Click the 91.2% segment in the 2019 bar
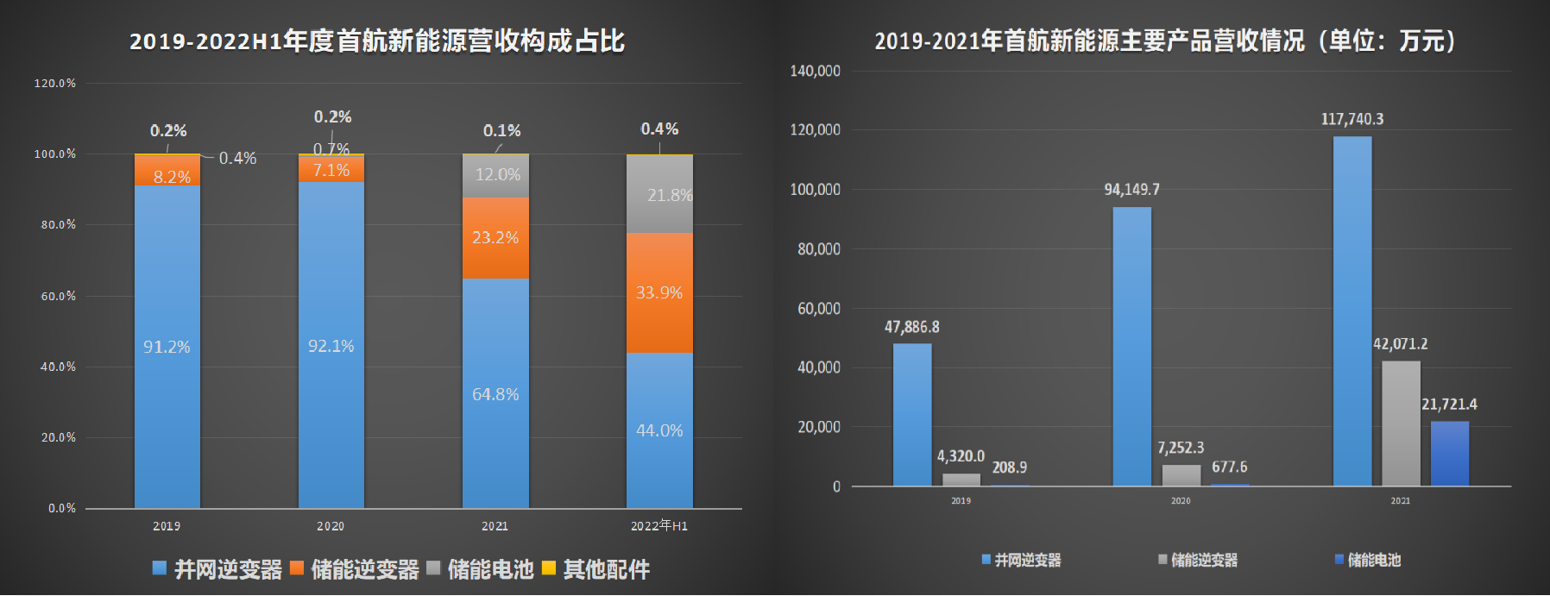coord(167,347)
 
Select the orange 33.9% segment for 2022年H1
coord(659,292)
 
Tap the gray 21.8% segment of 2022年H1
coord(659,194)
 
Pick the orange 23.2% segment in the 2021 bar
coord(495,237)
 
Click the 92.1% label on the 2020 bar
coord(331,346)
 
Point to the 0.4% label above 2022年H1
coord(659,129)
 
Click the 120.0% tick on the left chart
coord(55,84)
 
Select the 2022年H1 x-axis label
coord(659,525)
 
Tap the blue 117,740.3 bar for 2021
coord(1352,311)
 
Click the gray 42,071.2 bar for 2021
coord(1401,423)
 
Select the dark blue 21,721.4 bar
coord(1450,453)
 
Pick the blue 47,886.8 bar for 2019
coord(912,414)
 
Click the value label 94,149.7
coord(1131,190)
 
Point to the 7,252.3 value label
coord(1181,448)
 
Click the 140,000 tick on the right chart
coord(815,71)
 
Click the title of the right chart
coord(1165,41)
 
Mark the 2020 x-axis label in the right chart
coord(1181,501)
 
